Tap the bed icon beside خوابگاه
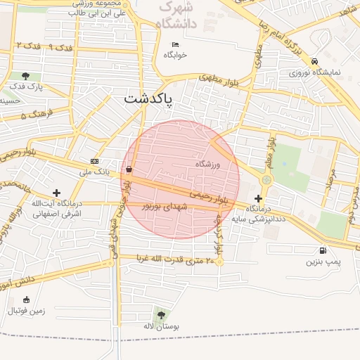coord(176,45)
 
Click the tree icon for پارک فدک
coord(26,76)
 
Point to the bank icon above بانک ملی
coord(94,162)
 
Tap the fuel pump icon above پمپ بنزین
coord(323,250)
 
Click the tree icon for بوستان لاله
coord(162,316)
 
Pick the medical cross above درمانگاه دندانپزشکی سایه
coord(259,198)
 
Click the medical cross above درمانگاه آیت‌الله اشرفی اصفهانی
coord(57,193)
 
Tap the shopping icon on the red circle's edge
coord(129,169)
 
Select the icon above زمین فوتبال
coord(27,300)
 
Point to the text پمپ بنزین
coord(322,262)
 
